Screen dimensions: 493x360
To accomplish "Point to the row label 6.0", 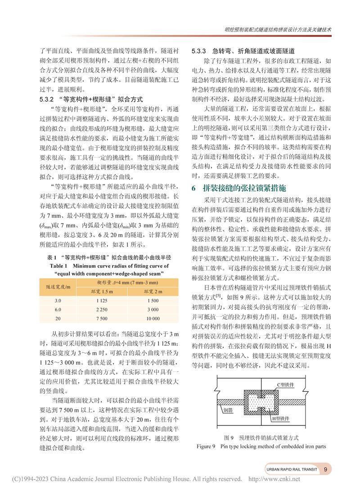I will click(x=58, y=309).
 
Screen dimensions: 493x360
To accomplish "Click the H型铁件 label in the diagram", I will click(x=280, y=418).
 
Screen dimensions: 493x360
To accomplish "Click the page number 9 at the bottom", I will click(x=325, y=469).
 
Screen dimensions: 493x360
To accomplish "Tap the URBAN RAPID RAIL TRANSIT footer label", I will click(x=292, y=469).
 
